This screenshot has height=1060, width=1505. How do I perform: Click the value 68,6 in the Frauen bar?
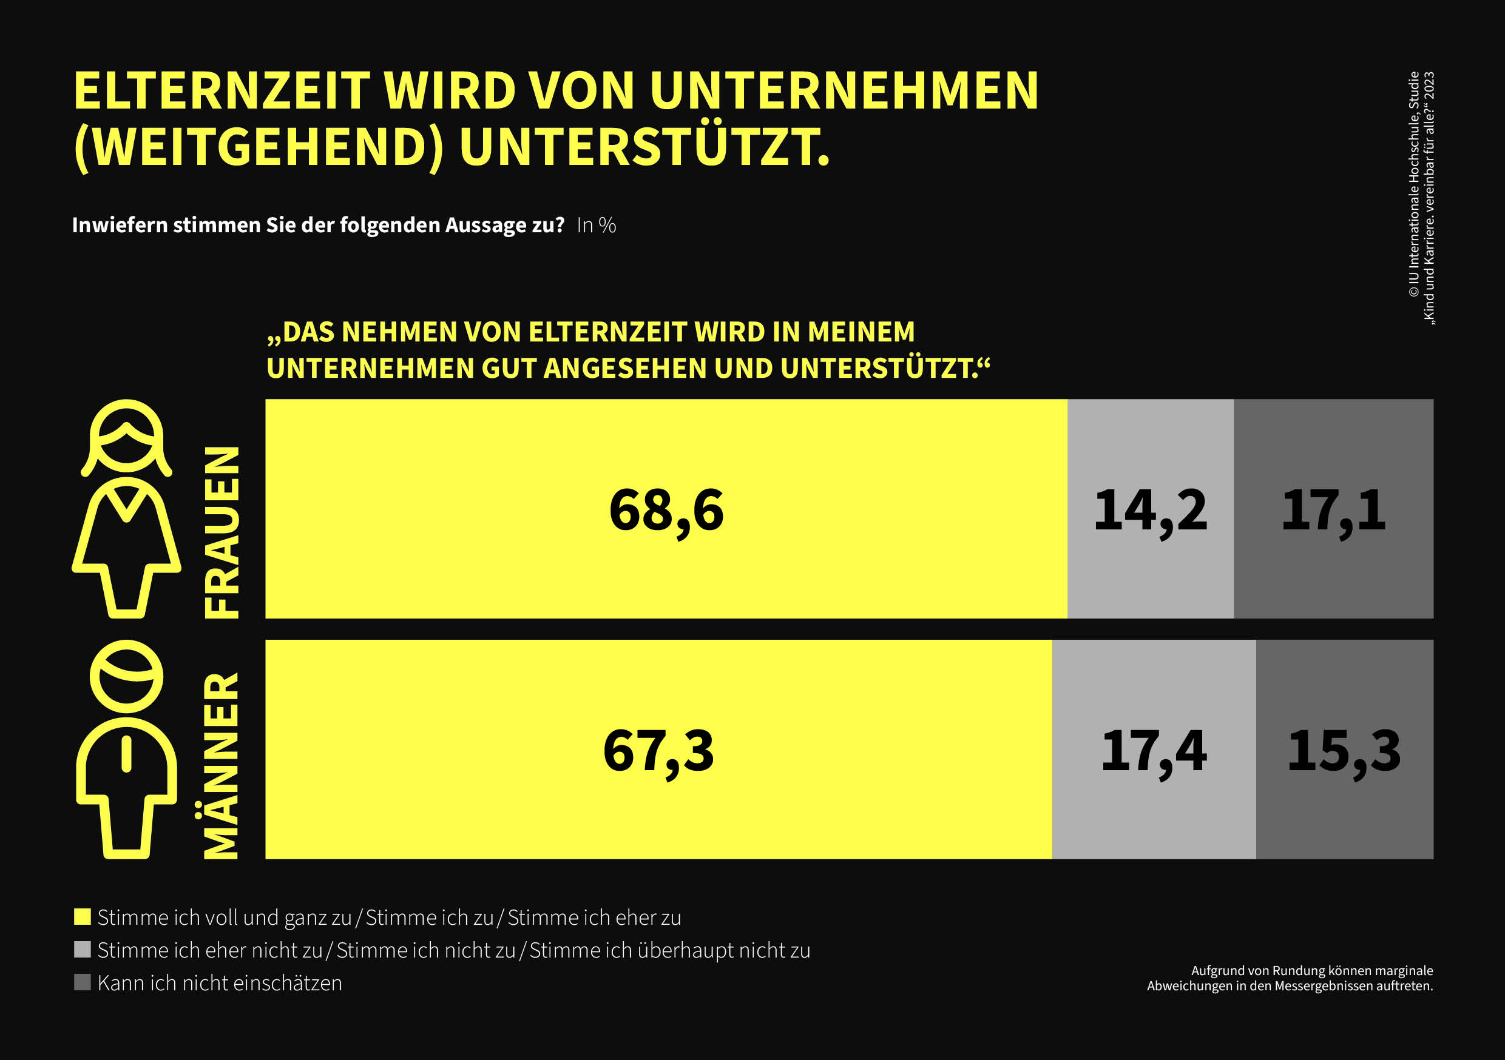pyautogui.click(x=666, y=510)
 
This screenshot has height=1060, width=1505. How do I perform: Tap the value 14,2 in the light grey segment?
pyautogui.click(x=1150, y=510)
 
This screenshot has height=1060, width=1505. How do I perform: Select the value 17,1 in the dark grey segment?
pyautogui.click(x=1333, y=510)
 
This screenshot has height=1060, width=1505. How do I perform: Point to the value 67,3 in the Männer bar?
pyautogui.click(x=658, y=751)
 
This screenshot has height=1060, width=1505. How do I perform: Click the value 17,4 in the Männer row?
pyautogui.click(x=1154, y=751)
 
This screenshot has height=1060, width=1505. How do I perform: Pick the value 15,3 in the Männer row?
pyautogui.click(x=1344, y=751)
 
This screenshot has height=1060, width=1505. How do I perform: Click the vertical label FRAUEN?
pyautogui.click(x=222, y=532)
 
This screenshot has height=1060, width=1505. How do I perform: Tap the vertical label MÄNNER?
pyautogui.click(x=222, y=765)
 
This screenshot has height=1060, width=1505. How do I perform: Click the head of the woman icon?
pyautogui.click(x=126, y=435)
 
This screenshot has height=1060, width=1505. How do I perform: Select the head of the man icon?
pyautogui.click(x=126, y=676)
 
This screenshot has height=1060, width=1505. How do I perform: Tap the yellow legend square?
pyautogui.click(x=82, y=916)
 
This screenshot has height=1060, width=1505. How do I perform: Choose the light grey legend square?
pyautogui.click(x=82, y=949)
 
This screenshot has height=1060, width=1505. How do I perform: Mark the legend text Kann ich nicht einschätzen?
pyautogui.click(x=220, y=983)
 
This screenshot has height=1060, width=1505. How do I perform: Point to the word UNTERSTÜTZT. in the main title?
pyautogui.click(x=644, y=147)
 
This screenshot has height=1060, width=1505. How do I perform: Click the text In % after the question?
pyautogui.click(x=596, y=226)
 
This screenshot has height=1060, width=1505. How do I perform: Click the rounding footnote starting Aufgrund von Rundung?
pyautogui.click(x=1290, y=978)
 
